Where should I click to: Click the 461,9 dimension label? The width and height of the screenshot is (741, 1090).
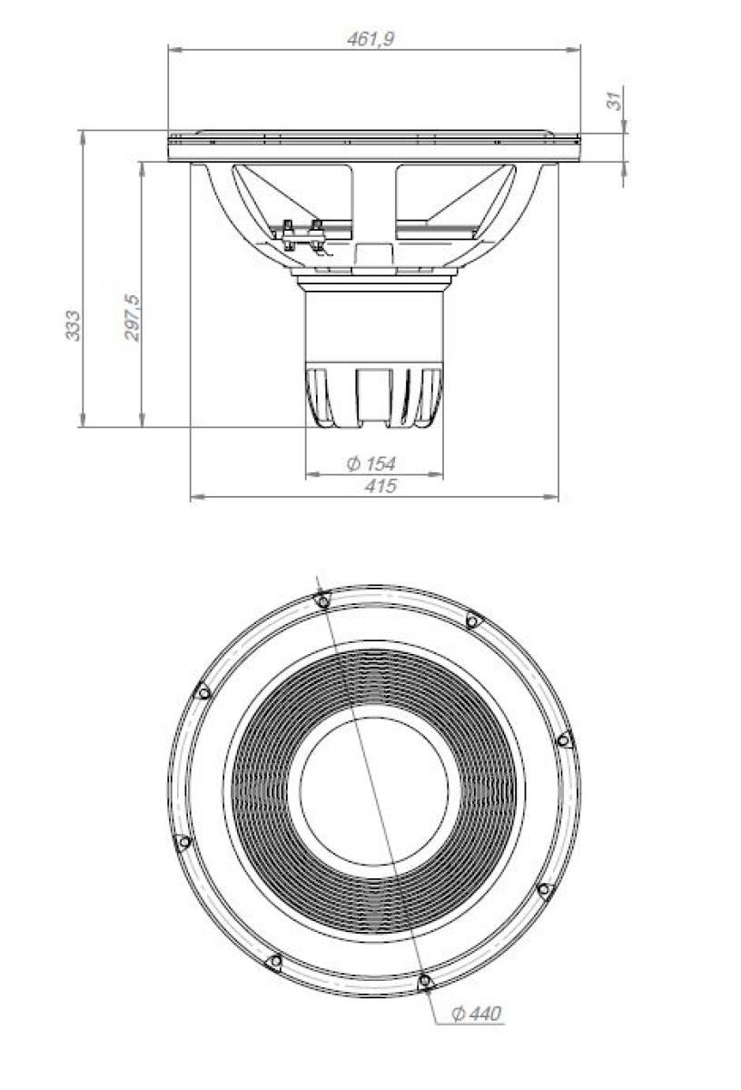tap(370, 39)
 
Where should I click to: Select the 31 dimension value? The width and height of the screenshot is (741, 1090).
tap(616, 100)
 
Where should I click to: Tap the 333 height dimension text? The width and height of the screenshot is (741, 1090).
tap(73, 325)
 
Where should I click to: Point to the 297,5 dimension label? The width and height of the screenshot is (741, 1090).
tap(133, 318)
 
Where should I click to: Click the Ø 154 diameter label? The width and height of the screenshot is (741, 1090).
tap(371, 464)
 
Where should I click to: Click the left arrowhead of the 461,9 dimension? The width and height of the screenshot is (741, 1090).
tap(174, 49)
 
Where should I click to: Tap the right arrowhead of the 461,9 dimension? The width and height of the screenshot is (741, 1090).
tap(573, 49)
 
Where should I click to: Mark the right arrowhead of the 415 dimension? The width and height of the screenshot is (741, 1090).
tap(552, 497)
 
